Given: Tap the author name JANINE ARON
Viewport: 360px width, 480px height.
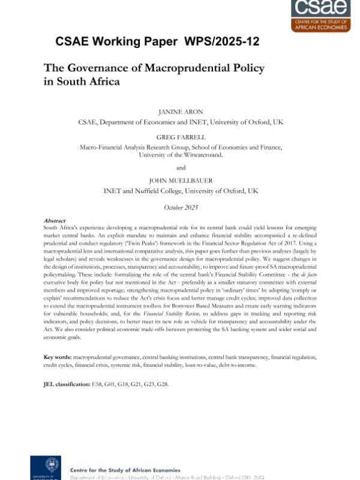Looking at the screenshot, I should pos(180,111).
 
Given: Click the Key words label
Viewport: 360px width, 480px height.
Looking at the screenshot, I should pos(58,357).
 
